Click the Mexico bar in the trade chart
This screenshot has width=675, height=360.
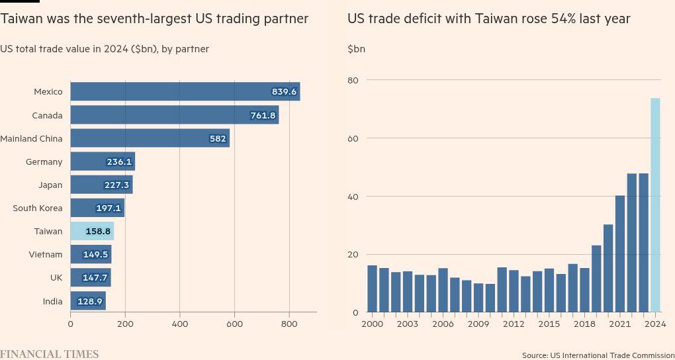click(185, 91)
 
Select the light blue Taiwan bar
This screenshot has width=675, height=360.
click(92, 231)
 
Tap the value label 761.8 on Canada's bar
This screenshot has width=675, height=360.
click(263, 115)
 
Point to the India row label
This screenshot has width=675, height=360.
click(52, 301)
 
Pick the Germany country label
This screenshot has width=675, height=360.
click(44, 161)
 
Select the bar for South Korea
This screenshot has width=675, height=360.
click(97, 208)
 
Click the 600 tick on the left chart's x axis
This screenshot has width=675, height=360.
click(234, 324)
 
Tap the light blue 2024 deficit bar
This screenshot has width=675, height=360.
click(655, 205)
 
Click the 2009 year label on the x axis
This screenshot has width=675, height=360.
click(478, 324)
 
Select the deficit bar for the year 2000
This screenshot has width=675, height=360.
click(372, 289)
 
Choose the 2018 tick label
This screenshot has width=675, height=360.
click(584, 324)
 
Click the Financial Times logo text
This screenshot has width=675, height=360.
click(50, 354)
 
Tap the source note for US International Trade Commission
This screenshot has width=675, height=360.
click(598, 355)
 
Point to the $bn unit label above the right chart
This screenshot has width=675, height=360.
click(356, 49)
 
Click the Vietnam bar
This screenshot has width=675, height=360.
click(91, 254)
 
